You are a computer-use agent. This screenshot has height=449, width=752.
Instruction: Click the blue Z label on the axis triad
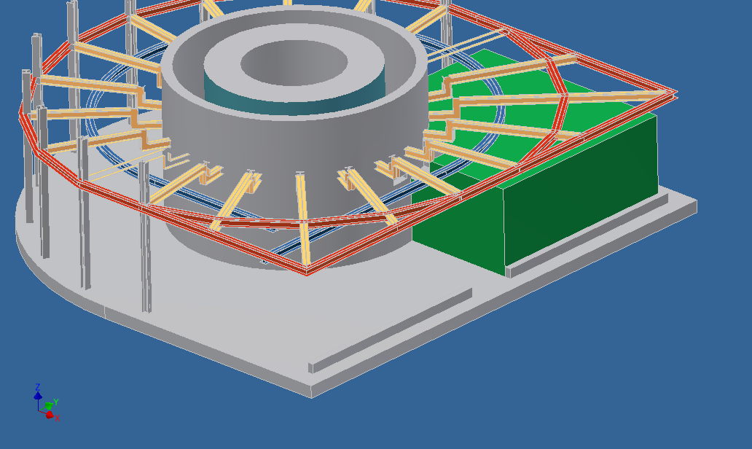pos(38,386)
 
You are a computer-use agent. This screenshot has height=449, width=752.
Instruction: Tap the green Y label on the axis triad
pos(56,402)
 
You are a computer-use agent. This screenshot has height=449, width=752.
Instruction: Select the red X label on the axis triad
pos(58,418)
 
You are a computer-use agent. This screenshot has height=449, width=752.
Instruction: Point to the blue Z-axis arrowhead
pos(38,395)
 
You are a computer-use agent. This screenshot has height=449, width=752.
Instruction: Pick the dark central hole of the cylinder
pos(294,63)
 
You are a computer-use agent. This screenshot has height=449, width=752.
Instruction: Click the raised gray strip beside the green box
pos(587,235)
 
